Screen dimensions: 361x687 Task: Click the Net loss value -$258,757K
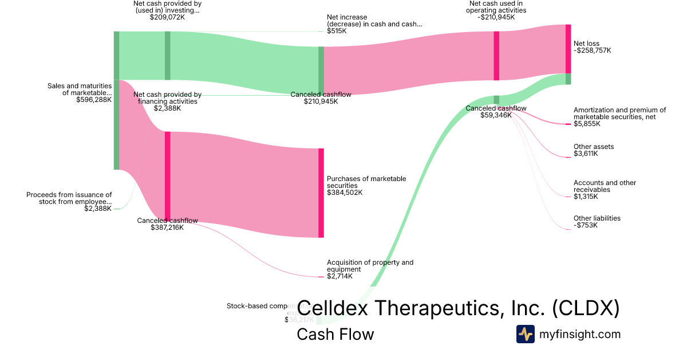coord(593,50)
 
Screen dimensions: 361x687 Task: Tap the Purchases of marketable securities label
coord(366,182)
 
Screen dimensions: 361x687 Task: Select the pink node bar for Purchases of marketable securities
coord(321,193)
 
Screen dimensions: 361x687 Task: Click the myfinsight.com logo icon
coord(525,334)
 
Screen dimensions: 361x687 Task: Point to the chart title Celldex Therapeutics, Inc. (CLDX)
coord(459,308)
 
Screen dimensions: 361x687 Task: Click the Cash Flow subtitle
coord(335,334)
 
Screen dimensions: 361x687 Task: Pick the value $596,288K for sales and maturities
coord(94,100)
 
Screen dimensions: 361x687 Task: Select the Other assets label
coord(594,147)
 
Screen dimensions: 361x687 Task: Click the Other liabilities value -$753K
coord(586,225)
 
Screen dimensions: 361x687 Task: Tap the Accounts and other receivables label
coord(605,186)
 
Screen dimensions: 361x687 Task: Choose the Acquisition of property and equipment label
coord(370,266)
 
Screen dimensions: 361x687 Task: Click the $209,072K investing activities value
coord(167,17)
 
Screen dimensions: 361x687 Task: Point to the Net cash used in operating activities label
coord(496,7)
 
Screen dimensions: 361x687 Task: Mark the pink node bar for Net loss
coord(568,49)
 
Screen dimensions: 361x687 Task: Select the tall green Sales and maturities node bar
coord(116,100)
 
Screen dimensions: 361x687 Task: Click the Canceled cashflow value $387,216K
coord(167,227)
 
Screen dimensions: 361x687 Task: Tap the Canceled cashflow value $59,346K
coord(496,115)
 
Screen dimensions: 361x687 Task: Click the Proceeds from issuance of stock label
coord(69,198)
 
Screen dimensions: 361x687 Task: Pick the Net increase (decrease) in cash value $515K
coord(337,31)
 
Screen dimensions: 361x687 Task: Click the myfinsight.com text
coord(580,334)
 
